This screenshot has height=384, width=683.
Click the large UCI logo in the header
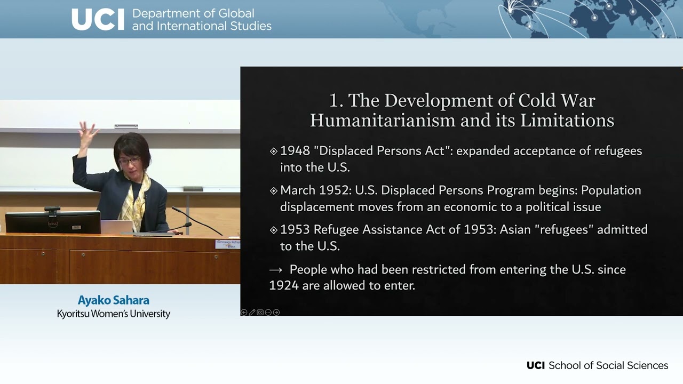98,19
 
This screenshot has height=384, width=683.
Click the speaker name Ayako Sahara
114,300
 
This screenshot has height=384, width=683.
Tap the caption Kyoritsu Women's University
114,314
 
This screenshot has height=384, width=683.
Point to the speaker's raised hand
88,134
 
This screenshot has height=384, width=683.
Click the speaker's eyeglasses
129,161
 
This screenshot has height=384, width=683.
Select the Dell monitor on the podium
53,222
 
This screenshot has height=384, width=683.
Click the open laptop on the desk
116,227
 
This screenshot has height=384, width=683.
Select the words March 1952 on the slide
316,190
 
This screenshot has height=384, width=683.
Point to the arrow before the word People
276,270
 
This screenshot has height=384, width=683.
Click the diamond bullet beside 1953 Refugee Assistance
274,230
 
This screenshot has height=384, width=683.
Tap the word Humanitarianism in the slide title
383,120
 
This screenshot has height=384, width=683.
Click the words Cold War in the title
557,100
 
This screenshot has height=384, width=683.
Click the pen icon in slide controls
252,313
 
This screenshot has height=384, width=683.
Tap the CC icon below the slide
260,313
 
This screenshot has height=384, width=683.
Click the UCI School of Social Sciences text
597,365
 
